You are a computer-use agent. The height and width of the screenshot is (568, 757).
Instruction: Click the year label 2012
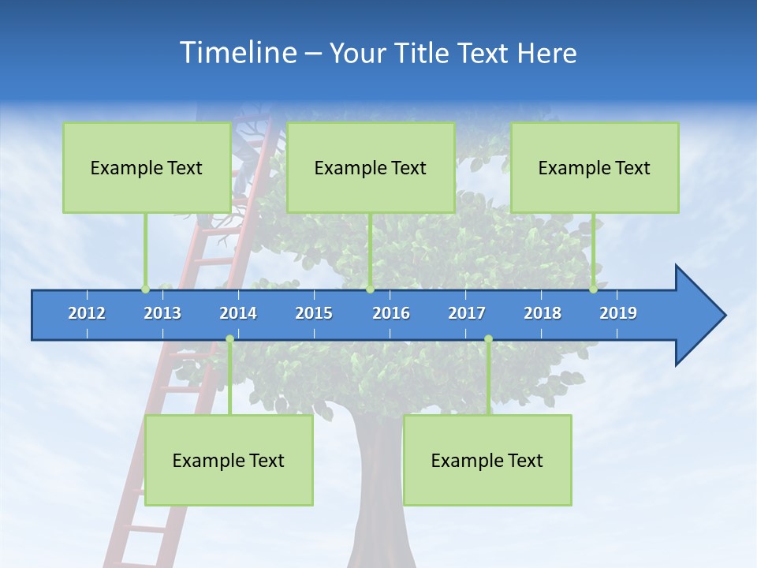(x=87, y=313)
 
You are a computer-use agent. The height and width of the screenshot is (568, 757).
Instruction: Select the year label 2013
(x=162, y=313)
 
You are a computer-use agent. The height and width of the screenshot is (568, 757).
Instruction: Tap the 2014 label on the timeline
(x=238, y=313)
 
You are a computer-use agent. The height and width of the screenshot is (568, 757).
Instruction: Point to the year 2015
(x=314, y=313)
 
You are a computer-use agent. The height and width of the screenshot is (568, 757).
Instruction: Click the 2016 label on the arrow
(x=391, y=313)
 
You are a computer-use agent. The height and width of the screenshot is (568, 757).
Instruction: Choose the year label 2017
(x=467, y=313)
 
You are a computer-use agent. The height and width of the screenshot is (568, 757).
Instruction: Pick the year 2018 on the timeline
(x=543, y=313)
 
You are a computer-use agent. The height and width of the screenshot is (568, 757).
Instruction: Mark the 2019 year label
(x=618, y=313)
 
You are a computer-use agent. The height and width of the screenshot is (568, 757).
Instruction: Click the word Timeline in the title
(x=237, y=53)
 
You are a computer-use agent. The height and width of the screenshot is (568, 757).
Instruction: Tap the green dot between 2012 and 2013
(x=145, y=289)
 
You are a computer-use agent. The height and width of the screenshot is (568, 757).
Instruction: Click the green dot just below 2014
(x=229, y=339)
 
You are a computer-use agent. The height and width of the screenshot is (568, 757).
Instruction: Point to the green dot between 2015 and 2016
(x=370, y=289)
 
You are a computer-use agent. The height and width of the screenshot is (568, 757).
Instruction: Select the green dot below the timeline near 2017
(x=488, y=339)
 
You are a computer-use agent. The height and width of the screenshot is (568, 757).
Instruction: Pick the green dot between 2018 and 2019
(x=593, y=289)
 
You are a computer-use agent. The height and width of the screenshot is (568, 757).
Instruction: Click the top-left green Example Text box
(x=147, y=167)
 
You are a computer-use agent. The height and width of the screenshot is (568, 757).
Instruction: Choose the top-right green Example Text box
(x=595, y=167)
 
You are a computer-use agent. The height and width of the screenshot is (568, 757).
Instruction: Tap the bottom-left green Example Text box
(x=229, y=460)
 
